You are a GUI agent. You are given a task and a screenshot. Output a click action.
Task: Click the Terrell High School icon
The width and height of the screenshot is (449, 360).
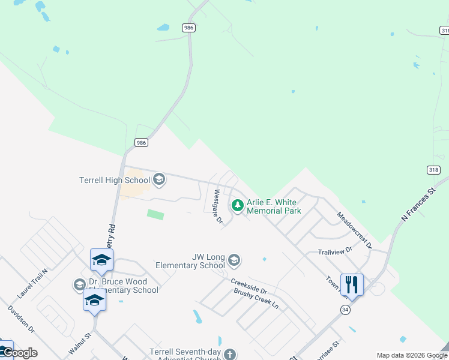(159, 179)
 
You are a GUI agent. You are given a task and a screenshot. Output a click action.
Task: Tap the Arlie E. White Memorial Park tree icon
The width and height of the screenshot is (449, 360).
(238, 206)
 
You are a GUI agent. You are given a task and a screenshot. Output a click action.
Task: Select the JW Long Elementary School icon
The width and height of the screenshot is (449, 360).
(234, 260)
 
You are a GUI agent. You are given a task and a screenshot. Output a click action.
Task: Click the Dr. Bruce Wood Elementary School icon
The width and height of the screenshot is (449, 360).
(79, 285)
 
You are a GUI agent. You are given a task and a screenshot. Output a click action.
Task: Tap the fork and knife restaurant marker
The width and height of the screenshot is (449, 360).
(351, 284)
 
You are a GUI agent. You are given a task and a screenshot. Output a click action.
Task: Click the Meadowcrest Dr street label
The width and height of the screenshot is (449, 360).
(354, 230)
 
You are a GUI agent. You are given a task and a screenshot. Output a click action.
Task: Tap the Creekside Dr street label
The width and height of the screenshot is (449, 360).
(249, 286)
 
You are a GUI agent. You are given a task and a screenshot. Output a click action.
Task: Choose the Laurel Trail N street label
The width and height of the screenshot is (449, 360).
(32, 284)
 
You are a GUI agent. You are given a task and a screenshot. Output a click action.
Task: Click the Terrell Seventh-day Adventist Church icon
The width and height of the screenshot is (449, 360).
(229, 355)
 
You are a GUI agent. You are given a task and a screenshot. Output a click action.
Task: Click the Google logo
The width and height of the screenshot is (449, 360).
(20, 353)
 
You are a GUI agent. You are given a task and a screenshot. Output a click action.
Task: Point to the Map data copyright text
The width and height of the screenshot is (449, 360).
(411, 355)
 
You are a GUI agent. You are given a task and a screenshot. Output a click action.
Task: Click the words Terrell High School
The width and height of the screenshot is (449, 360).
(115, 180)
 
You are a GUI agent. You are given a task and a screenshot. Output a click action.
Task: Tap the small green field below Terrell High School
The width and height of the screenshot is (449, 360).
(155, 214)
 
